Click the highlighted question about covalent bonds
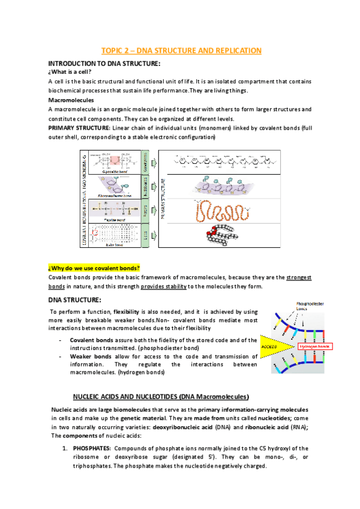point(94,267)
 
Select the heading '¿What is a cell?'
point(74,73)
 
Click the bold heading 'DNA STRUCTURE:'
point(74,300)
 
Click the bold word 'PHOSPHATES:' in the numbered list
point(92,448)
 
